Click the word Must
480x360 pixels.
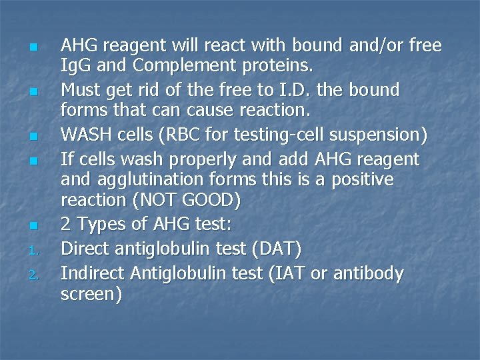80,89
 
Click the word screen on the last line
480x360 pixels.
89,295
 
